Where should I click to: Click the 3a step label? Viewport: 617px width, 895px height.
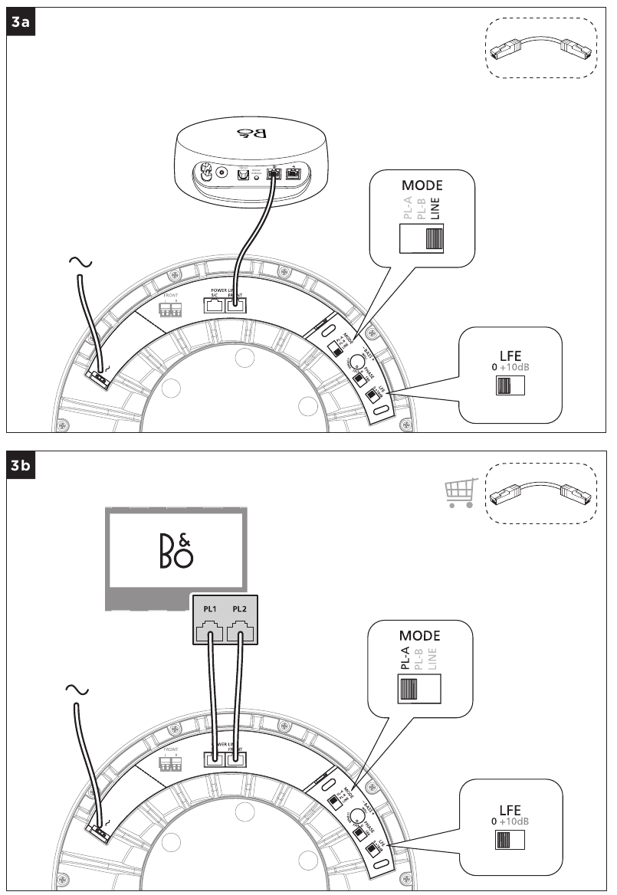(x=21, y=23)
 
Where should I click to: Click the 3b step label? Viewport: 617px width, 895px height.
(x=21, y=466)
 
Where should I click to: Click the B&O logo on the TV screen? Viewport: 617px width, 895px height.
(x=176, y=546)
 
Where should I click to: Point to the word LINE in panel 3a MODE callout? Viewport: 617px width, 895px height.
(x=435, y=209)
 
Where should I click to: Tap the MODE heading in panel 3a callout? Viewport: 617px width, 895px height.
(x=422, y=186)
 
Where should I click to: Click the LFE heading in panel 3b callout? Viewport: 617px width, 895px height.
(x=509, y=810)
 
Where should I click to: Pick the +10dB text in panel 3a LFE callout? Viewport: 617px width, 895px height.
(x=514, y=367)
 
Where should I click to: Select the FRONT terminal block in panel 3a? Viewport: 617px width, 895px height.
(x=169, y=310)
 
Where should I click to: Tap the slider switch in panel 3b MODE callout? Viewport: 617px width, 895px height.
(x=420, y=691)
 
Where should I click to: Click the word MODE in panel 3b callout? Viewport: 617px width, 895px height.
(x=419, y=635)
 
